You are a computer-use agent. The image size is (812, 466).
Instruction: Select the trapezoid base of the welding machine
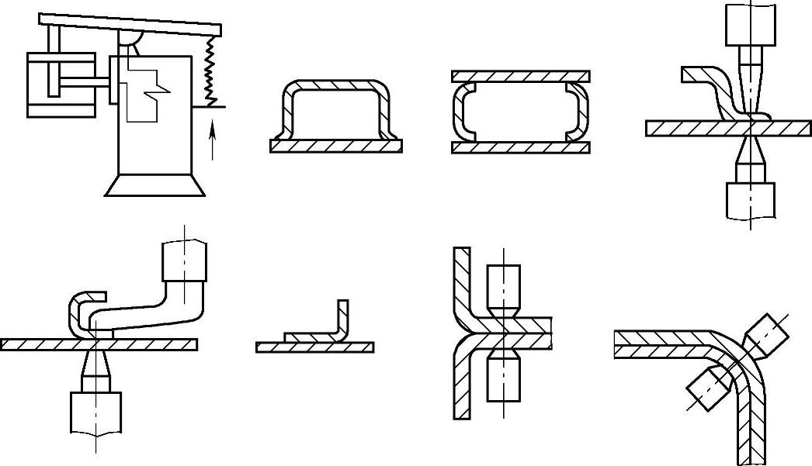[x=155, y=185]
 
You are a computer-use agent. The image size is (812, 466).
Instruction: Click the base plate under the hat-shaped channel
[x=336, y=146]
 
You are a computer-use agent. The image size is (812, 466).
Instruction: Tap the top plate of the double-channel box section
[x=520, y=77]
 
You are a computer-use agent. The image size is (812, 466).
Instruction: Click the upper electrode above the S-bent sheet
[x=750, y=25]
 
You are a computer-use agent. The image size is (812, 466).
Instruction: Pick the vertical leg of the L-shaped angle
[x=343, y=319]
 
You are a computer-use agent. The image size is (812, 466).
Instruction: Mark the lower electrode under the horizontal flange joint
[x=504, y=380]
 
